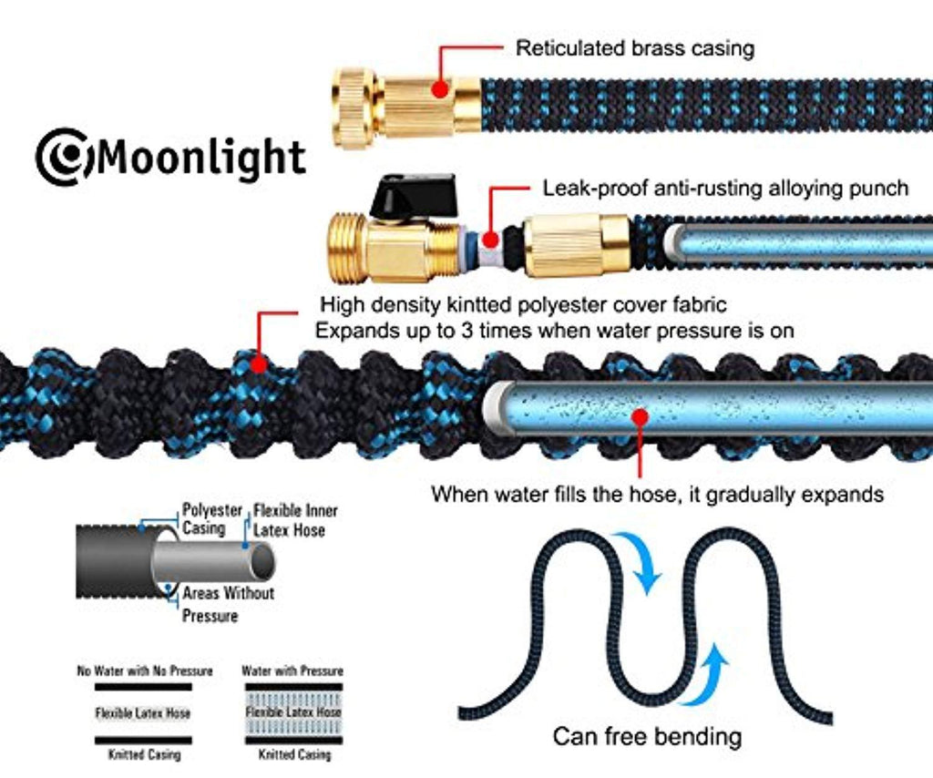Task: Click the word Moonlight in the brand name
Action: point(200,157)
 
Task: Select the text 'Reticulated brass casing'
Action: point(634,48)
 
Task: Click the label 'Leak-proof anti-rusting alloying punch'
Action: point(725,189)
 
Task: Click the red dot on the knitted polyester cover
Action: point(258,364)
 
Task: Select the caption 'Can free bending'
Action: point(647,736)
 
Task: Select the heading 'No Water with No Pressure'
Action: point(145,671)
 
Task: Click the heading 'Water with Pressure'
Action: point(292,671)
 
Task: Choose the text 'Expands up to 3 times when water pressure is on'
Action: point(554,331)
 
